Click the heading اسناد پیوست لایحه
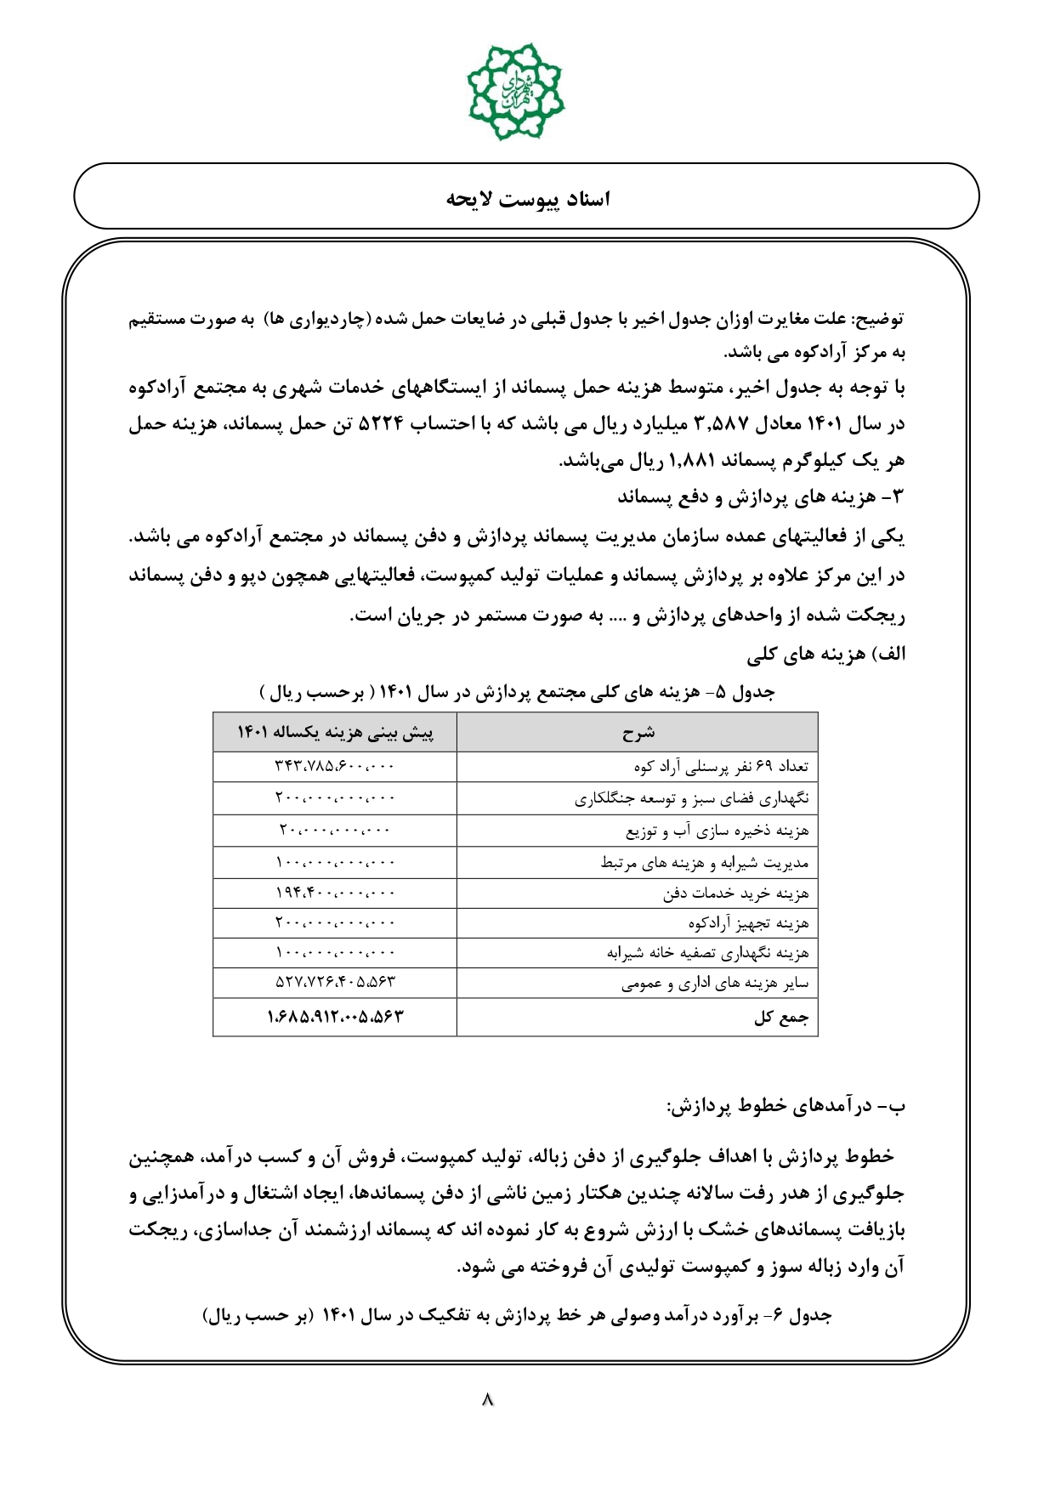pyautogui.click(x=528, y=199)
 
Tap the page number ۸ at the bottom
pyautogui.click(x=488, y=1398)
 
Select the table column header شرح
pyautogui.click(x=638, y=733)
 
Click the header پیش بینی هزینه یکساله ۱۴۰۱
pyautogui.click(x=335, y=733)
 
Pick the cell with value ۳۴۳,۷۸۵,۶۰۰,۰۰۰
pyautogui.click(x=335, y=766)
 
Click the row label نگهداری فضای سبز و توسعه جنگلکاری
pyautogui.click(x=691, y=798)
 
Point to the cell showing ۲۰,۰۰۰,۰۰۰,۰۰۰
pyautogui.click(x=335, y=831)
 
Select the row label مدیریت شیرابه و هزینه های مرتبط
pyautogui.click(x=704, y=863)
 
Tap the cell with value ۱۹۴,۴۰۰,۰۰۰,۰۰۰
pyautogui.click(x=335, y=893)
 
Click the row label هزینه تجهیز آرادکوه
pyautogui.click(x=748, y=923)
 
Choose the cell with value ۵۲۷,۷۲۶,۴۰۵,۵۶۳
pyautogui.click(x=335, y=983)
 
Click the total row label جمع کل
pyautogui.click(x=781, y=1018)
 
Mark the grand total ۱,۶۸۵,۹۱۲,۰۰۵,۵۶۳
pyautogui.click(x=335, y=1017)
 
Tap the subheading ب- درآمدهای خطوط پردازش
pyautogui.click(x=786, y=1106)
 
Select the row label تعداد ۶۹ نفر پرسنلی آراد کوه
pyautogui.click(x=721, y=766)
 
